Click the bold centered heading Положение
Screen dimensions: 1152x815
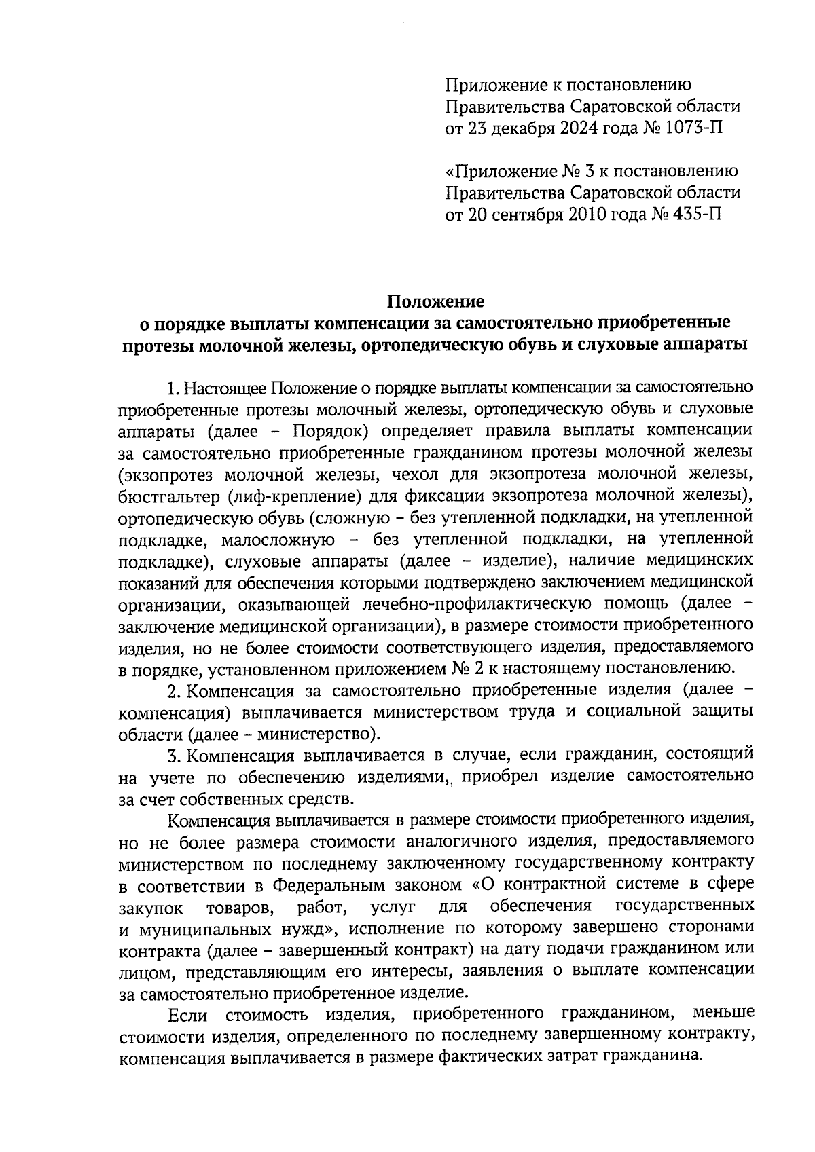pos(435,300)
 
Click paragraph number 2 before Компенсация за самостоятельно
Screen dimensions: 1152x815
pos(173,691)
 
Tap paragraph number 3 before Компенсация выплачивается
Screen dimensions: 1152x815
pos(173,756)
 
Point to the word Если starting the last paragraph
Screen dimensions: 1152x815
pos(186,1016)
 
